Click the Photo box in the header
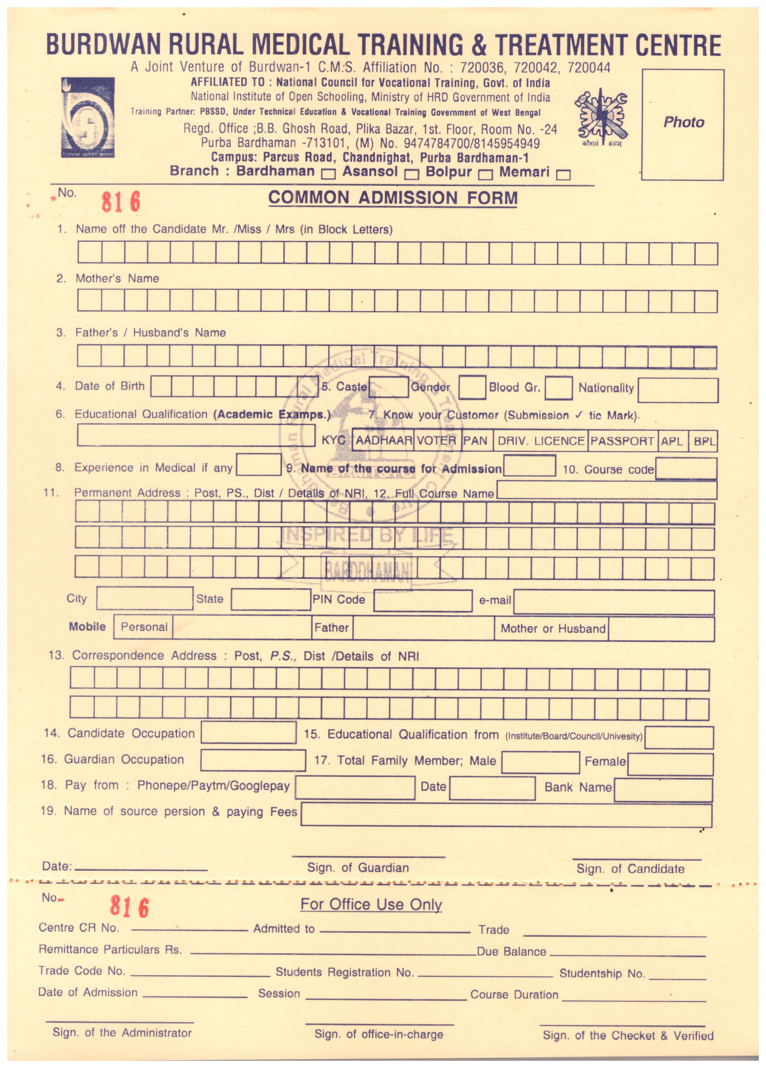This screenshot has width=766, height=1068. [x=683, y=124]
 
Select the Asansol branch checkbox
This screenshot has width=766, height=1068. [x=412, y=174]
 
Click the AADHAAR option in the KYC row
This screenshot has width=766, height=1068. [x=384, y=441]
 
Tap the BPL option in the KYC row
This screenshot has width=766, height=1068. [x=704, y=442]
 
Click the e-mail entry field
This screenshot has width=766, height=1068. [x=613, y=602]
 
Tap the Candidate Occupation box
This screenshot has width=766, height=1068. [x=248, y=733]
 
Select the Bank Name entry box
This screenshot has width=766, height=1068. [x=663, y=790]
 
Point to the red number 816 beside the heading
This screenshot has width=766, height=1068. [x=121, y=202]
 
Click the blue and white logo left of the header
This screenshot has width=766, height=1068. [x=88, y=118]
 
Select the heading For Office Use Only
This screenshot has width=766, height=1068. [x=371, y=904]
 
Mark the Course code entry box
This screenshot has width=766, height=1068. [x=686, y=469]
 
